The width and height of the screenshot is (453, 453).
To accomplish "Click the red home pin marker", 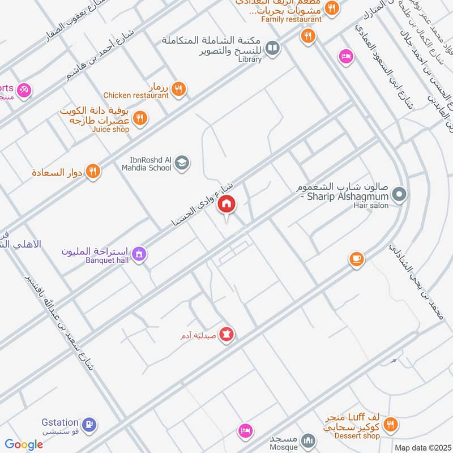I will coord(227,204).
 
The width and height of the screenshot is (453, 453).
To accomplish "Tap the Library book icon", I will coord(273,49).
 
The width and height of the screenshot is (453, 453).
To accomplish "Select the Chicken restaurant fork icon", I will coord(178,88).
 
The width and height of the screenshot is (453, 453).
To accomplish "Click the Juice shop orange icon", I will coord(140,118).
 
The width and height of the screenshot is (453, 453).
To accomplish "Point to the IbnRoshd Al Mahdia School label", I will coord(146,164).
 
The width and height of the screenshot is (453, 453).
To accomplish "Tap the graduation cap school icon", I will coord(182,164).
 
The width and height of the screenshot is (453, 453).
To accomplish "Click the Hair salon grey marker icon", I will coord(399,195).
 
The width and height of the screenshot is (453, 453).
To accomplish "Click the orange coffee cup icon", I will coord(356,259).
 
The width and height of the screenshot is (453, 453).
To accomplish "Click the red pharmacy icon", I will coord(227,334).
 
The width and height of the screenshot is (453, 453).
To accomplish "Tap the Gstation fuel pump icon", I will coord(89,424).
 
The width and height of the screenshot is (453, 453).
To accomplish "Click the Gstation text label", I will coord(59,423).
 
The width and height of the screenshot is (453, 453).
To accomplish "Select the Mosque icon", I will coord(308,439).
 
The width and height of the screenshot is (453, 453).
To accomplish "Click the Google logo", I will coord(24,445).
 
